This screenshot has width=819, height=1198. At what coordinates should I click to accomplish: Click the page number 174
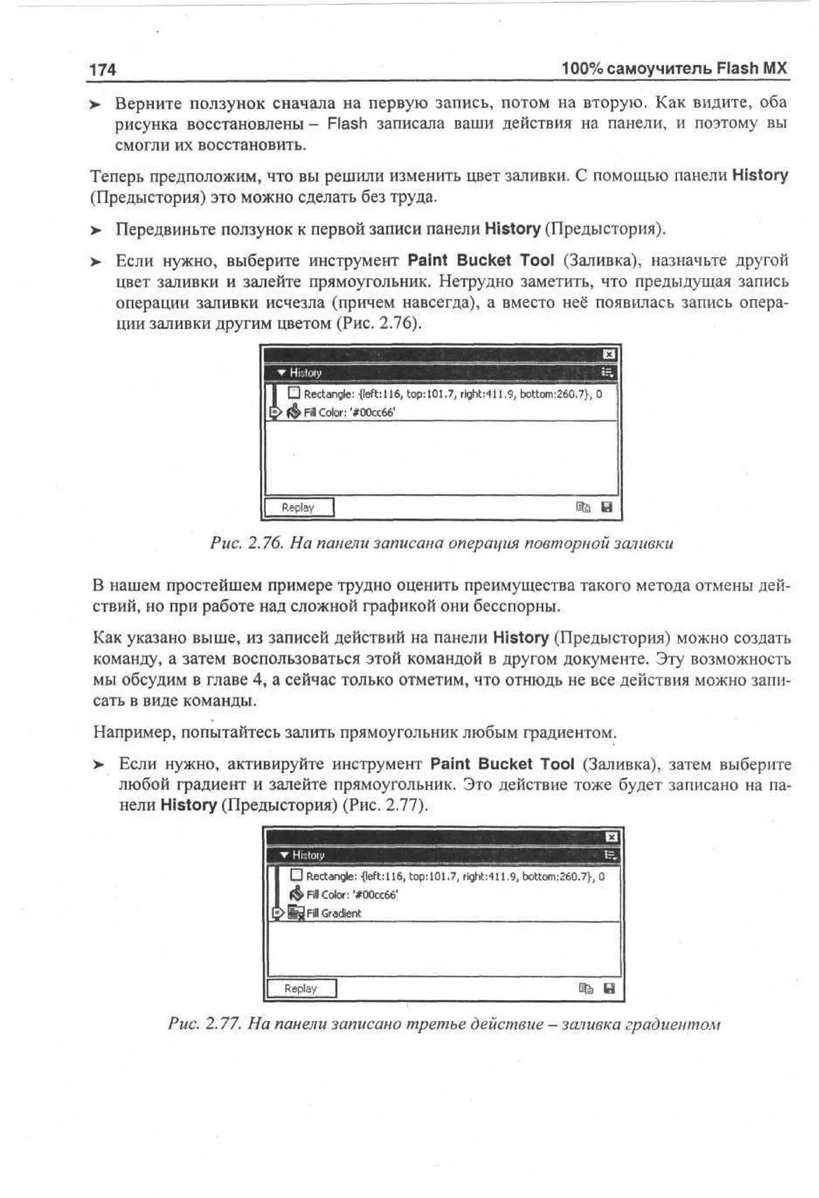(102, 70)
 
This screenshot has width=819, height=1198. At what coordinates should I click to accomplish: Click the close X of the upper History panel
(609, 354)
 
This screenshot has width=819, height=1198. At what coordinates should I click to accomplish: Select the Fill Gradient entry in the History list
(334, 913)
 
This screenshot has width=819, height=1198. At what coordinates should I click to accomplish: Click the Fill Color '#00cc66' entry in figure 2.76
(349, 412)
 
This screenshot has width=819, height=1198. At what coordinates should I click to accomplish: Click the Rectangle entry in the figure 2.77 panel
(453, 876)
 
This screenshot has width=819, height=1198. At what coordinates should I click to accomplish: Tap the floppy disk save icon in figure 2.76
(607, 507)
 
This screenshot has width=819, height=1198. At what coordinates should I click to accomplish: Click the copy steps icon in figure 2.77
(585, 988)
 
